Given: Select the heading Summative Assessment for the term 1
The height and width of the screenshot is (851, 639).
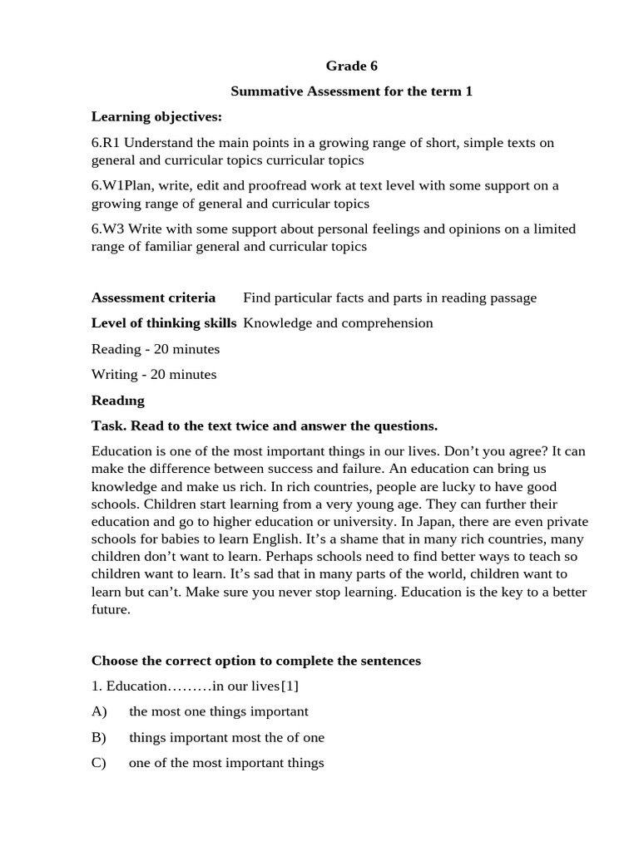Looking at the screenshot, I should pos(351,91).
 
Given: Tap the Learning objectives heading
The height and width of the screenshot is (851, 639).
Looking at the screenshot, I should pos(156,116).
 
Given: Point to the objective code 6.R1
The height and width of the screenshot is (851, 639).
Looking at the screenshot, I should pos(106,143).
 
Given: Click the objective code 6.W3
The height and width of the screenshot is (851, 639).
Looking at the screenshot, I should pos(107,229).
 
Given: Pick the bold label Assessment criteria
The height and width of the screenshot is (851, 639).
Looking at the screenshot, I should pos(153,298).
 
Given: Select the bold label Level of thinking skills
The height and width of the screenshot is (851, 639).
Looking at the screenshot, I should pos(164,323).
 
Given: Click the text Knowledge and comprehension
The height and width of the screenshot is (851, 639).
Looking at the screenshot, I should pos(338,323).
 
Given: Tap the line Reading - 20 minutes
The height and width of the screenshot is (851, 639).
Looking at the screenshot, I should pos(156,349).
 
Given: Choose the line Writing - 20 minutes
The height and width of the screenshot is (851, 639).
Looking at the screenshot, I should pos(154,375).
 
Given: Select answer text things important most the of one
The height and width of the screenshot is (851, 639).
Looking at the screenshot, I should pos(226,738).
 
